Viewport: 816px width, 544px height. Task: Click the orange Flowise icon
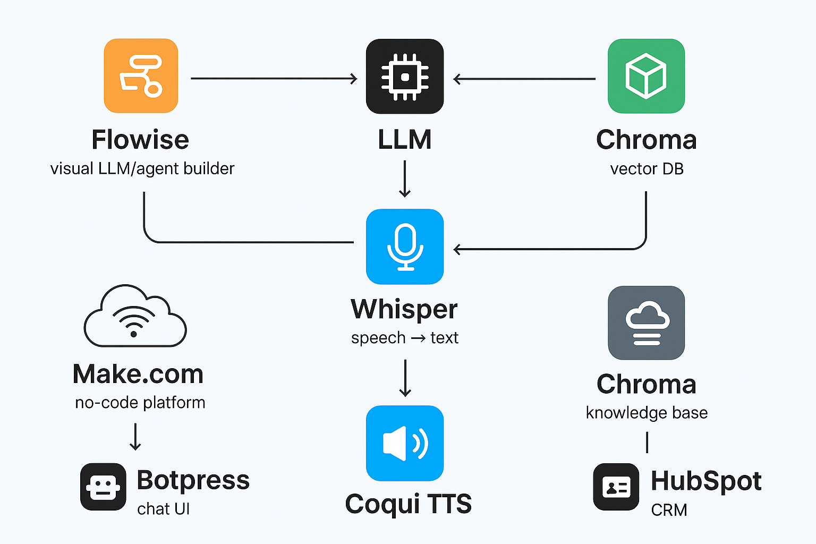(x=141, y=75)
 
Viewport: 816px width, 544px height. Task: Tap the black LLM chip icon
(x=405, y=76)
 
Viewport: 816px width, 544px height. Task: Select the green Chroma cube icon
(x=646, y=76)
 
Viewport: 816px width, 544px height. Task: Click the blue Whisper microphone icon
(x=405, y=246)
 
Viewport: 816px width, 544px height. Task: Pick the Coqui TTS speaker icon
(x=405, y=443)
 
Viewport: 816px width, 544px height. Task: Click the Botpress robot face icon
(x=103, y=487)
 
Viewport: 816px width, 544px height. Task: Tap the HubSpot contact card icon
(x=616, y=487)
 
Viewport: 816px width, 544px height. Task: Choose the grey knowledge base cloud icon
(x=646, y=322)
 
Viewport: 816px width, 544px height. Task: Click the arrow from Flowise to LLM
(x=274, y=79)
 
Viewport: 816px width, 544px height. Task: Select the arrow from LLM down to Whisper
(x=405, y=179)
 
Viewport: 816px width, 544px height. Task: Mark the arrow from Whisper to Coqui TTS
(x=405, y=378)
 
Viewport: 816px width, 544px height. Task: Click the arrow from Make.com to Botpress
(x=135, y=436)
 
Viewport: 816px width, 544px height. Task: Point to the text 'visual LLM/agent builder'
(x=142, y=169)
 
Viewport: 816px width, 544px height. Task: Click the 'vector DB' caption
(x=647, y=169)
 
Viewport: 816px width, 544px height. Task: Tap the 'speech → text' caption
(x=405, y=338)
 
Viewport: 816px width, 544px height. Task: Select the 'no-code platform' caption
(x=140, y=403)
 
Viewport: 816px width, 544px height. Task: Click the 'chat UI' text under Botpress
(x=163, y=509)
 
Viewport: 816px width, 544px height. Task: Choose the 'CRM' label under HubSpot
(x=669, y=510)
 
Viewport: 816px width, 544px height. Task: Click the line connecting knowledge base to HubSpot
(x=647, y=442)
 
